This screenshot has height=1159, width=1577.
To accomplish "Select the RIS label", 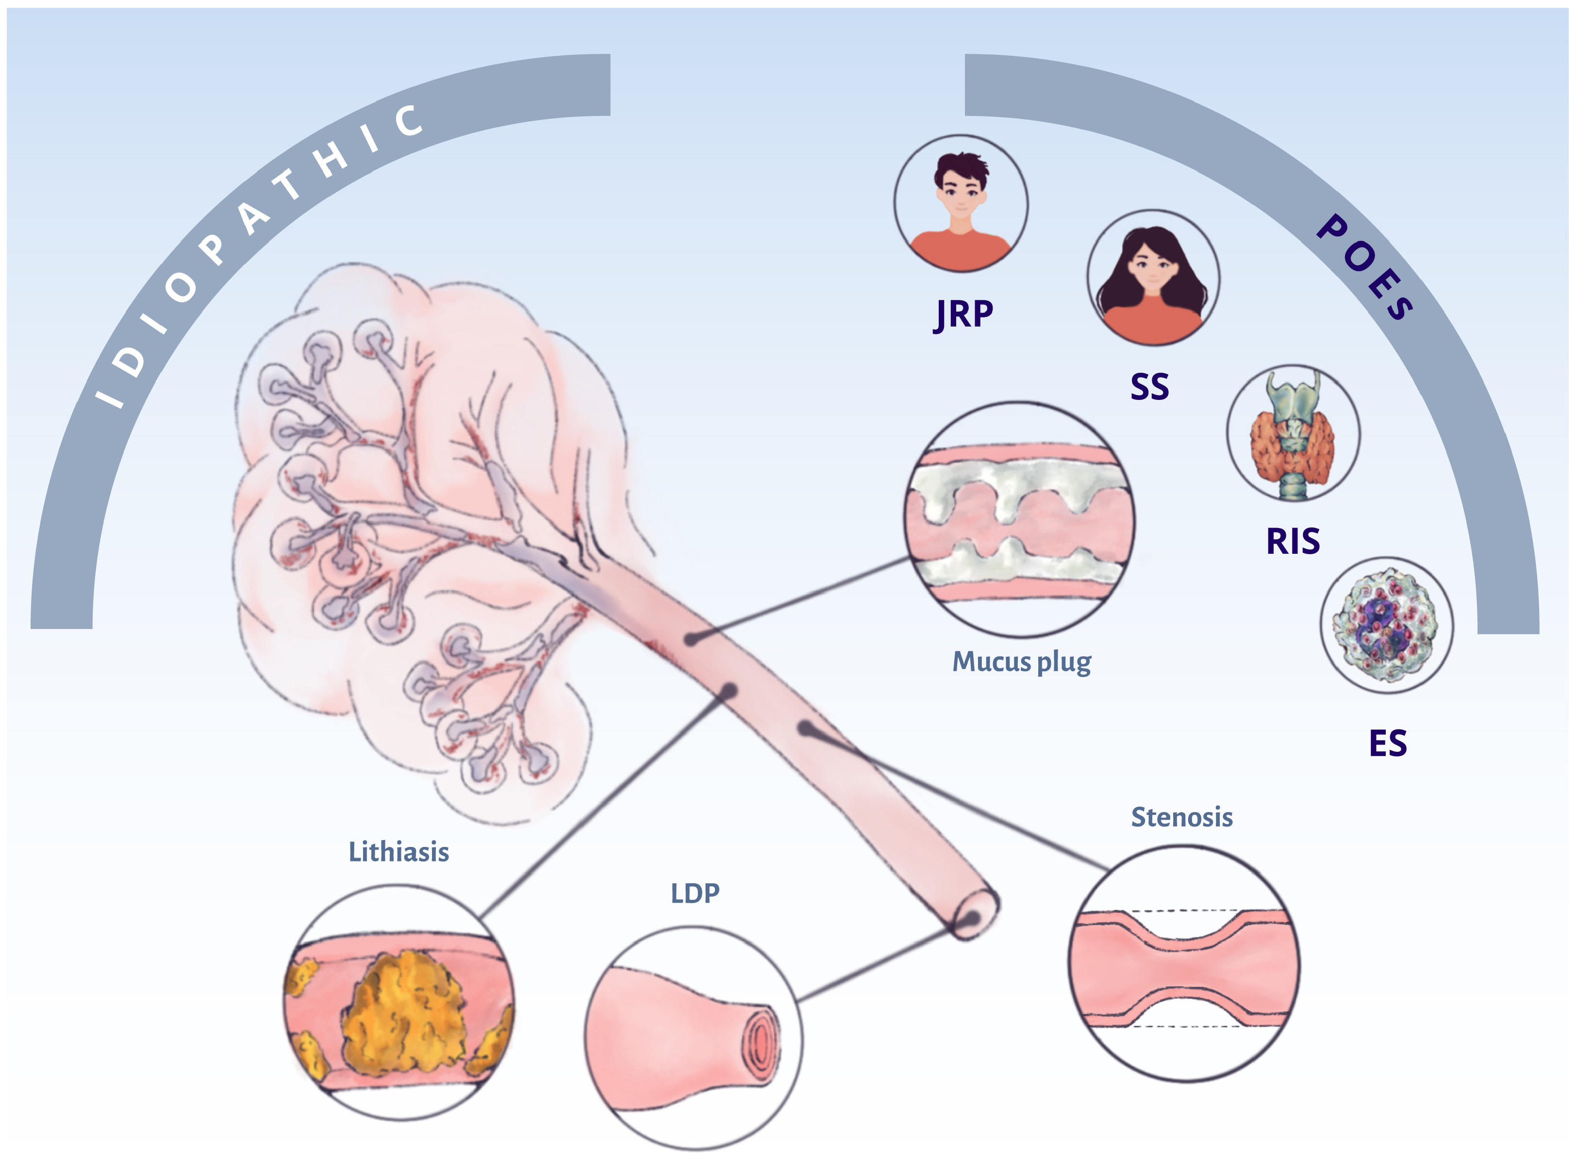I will [x=1293, y=541].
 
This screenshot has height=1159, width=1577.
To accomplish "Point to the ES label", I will [x=1388, y=743].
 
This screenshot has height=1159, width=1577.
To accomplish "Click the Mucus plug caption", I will [x=1021, y=662].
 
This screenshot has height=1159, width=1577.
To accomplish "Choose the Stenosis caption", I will [x=1182, y=817].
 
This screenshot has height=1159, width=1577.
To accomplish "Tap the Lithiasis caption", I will [x=398, y=852].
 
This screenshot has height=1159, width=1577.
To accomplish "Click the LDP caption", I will [x=695, y=893].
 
